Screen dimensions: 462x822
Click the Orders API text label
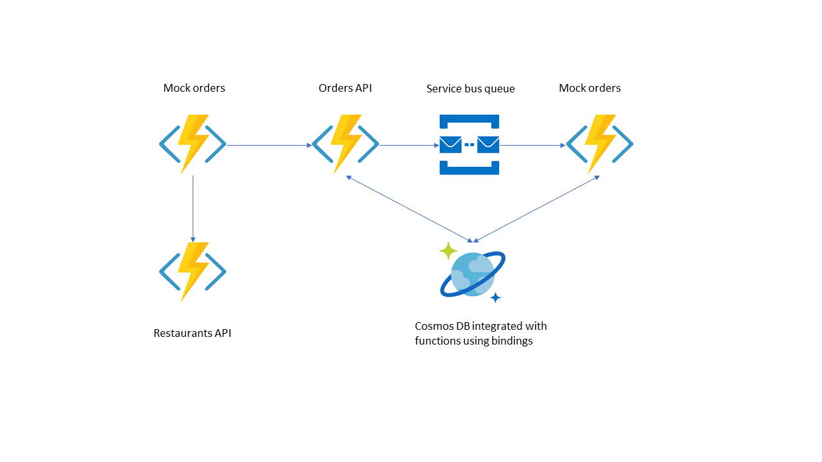(x=345, y=88)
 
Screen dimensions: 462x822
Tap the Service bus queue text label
(x=470, y=89)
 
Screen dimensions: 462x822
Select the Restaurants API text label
(x=192, y=333)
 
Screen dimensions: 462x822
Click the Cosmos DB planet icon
(x=473, y=274)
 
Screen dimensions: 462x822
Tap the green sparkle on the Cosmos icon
(x=448, y=251)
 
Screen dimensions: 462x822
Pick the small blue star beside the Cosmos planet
(x=495, y=297)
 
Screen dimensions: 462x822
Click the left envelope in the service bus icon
(x=451, y=144)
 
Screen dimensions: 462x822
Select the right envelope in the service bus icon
(x=488, y=144)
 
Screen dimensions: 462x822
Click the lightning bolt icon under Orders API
(x=345, y=144)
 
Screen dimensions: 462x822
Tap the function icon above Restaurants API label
(x=193, y=272)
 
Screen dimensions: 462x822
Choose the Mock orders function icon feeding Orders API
(x=193, y=144)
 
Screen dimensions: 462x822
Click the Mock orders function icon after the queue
(x=600, y=144)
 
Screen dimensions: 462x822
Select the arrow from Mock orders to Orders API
(x=269, y=145)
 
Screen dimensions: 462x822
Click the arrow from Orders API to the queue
(x=409, y=145)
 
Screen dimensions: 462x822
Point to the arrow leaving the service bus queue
(x=532, y=145)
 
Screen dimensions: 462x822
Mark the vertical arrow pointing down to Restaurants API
(x=193, y=209)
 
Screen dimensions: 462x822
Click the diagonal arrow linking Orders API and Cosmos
(x=410, y=209)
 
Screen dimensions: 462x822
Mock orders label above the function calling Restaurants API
(x=194, y=88)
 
